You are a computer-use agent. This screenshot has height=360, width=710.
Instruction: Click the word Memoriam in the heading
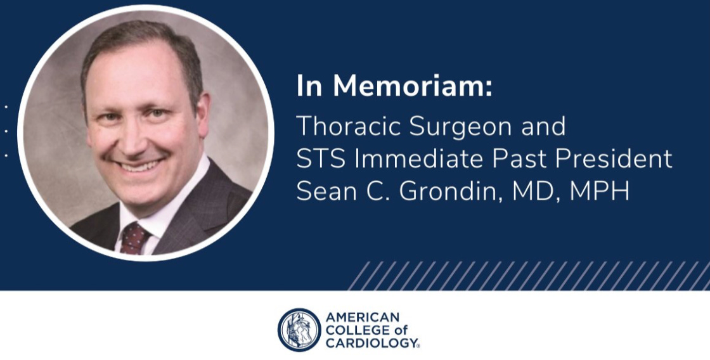pos(412,86)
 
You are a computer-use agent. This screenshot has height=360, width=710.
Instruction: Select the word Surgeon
pos(461,127)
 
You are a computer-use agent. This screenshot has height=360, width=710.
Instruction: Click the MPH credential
pos(600,191)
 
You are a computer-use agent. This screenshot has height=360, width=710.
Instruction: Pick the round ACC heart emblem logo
pos(299,330)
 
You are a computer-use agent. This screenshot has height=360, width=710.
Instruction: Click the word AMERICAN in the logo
pos(363,317)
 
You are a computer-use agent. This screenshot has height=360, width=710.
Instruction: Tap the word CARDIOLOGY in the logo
pos(371,343)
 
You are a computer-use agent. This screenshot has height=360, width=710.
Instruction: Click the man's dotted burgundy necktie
pos(134,238)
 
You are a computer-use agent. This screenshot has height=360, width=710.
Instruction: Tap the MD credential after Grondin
pos(536,192)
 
